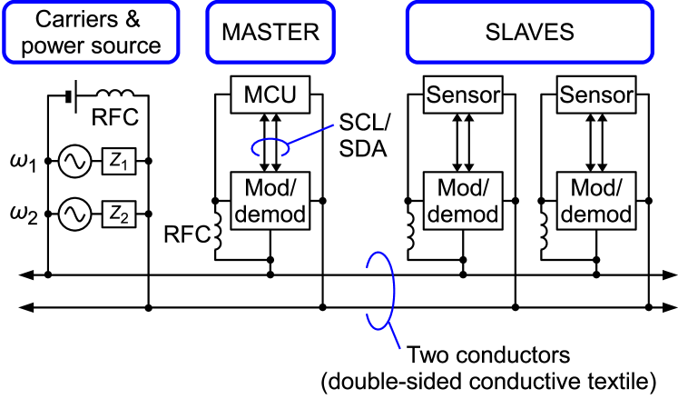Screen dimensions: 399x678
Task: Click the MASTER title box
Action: click(x=270, y=33)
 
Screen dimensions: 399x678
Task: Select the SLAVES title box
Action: click(x=529, y=33)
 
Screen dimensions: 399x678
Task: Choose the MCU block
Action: click(x=270, y=95)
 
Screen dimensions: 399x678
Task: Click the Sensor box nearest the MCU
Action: click(x=463, y=95)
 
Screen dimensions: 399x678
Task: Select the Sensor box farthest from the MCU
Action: click(x=596, y=95)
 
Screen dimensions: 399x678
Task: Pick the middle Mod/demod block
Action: click(x=463, y=201)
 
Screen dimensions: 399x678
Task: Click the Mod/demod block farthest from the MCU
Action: click(x=596, y=201)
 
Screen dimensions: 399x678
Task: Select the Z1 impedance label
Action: click(x=119, y=162)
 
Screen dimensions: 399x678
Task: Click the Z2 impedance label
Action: click(x=119, y=214)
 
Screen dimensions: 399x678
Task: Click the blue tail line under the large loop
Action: click(x=395, y=337)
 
